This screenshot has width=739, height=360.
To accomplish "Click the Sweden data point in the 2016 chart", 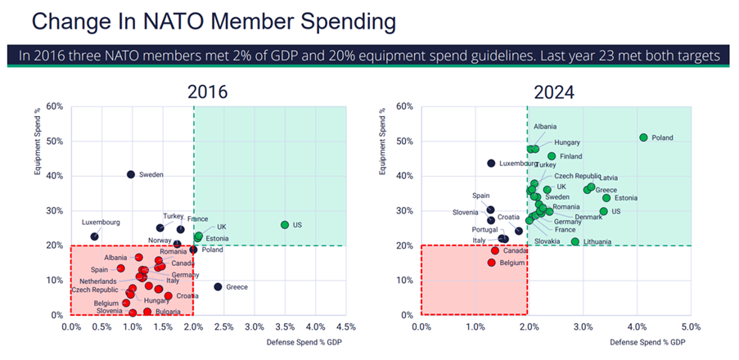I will point(131,174).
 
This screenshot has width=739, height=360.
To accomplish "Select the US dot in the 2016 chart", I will point(285,224).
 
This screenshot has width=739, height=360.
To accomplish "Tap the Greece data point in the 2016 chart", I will point(218,286).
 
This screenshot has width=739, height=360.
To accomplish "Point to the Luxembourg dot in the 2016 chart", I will point(94,236).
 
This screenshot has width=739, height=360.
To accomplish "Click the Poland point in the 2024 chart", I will point(643,137).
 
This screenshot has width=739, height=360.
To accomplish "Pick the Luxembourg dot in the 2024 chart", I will point(491,163).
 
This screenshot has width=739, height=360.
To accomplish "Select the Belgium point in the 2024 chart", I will point(492,263).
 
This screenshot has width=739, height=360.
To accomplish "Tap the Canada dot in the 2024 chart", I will point(494,250).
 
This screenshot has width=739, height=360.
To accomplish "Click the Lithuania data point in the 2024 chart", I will point(575,241).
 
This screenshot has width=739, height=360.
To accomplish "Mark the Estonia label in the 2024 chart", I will point(625,198).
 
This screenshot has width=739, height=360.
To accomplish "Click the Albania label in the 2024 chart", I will point(545,127).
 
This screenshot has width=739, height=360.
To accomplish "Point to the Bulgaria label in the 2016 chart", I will point(169,312).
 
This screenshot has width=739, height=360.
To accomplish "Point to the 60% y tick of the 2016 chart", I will point(55,106).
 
